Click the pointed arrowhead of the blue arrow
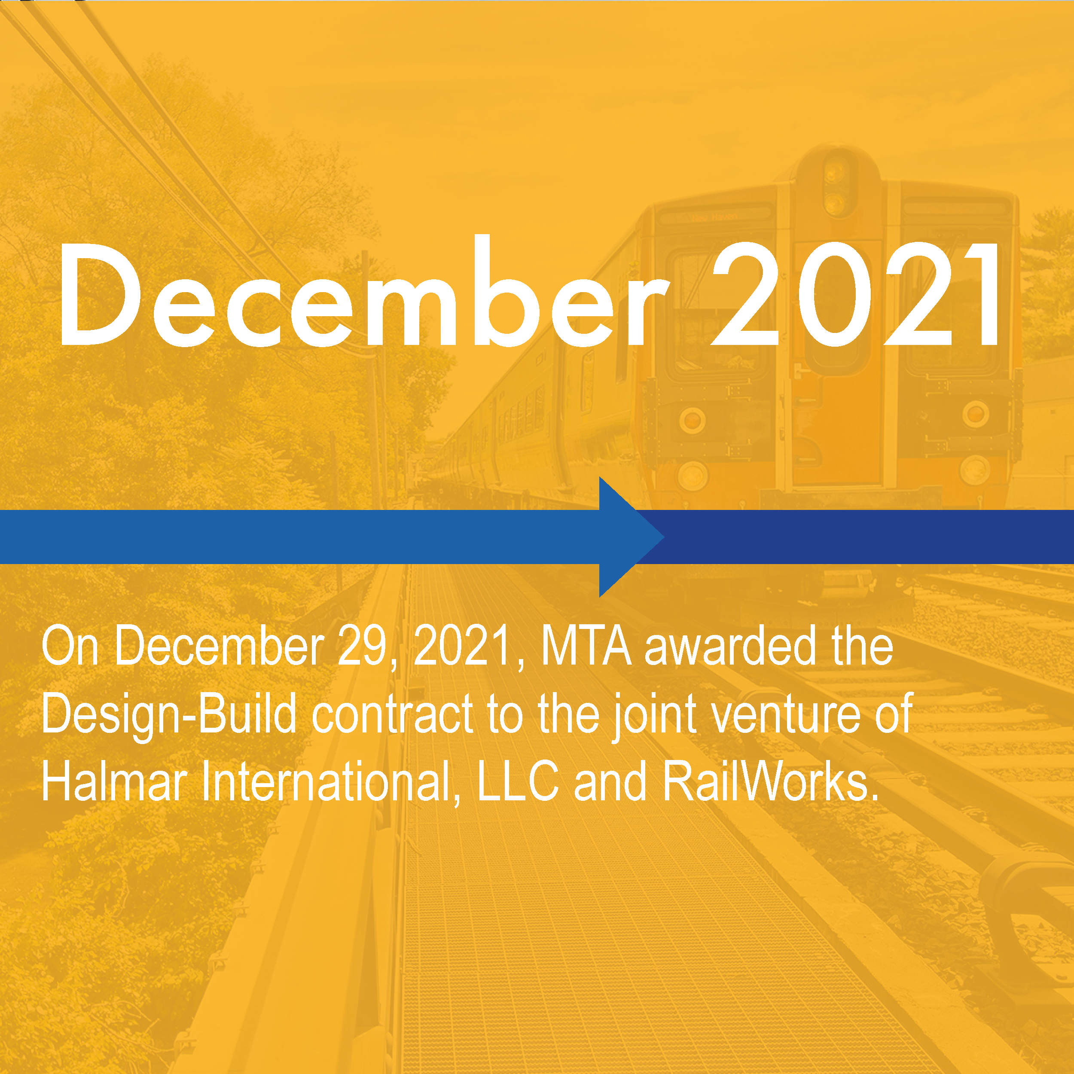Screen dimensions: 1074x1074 pyautogui.click(x=634, y=537)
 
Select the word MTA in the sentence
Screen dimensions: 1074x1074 pyautogui.click(x=586, y=646)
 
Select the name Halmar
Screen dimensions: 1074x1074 pyautogui.click(x=114, y=781)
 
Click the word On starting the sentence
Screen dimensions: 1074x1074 pyautogui.click(x=70, y=646)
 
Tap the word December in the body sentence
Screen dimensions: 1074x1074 pyautogui.click(x=219, y=646)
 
